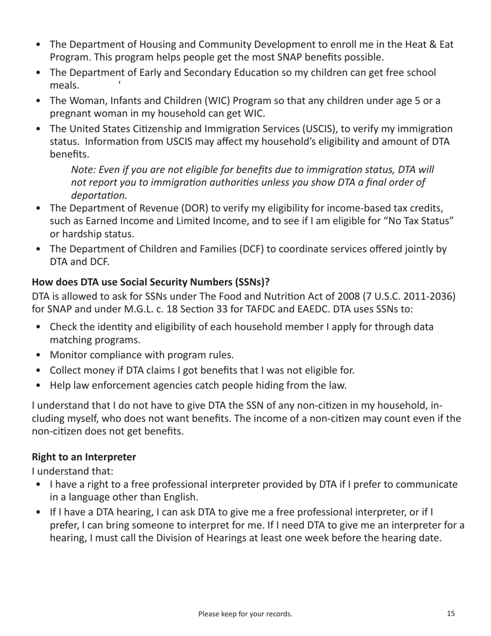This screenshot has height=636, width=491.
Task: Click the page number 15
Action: pos(451,614)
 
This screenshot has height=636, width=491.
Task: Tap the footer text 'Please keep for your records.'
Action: pos(245,614)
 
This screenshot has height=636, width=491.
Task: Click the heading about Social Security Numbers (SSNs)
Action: pos(151,282)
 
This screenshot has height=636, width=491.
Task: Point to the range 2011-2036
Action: pos(424,296)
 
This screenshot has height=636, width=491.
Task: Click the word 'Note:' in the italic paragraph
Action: pos(83,170)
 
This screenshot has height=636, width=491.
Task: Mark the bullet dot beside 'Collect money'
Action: pos(39,370)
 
